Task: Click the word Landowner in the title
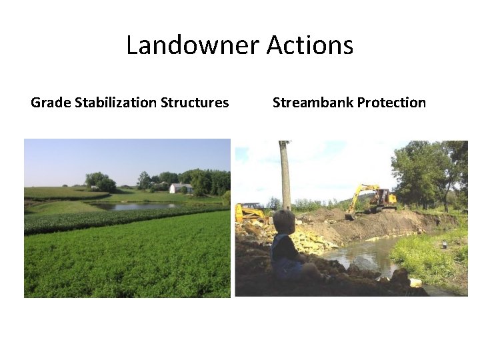pyautogui.click(x=192, y=45)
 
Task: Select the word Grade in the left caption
pyautogui.click(x=51, y=103)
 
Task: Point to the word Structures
pyautogui.click(x=197, y=103)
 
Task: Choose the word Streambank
pyautogui.click(x=312, y=103)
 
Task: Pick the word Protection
pyautogui.click(x=391, y=103)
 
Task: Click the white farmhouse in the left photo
pyautogui.click(x=181, y=188)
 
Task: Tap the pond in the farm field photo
pyautogui.click(x=137, y=206)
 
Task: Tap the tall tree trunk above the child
pyautogui.click(x=285, y=173)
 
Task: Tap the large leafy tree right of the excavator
pyautogui.click(x=427, y=170)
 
